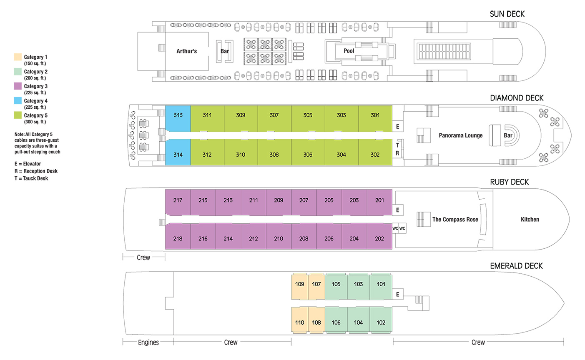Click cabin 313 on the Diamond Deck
178,118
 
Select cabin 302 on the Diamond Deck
375,152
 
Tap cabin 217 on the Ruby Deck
178,202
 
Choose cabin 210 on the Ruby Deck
279,236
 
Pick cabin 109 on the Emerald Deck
300,286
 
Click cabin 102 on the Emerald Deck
381,320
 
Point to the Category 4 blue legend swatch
18,100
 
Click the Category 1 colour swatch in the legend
18,57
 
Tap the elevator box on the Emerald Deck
397,294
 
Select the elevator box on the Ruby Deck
397,210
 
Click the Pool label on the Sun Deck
349,51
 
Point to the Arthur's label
186,51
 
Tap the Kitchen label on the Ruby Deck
530,219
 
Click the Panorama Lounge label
461,135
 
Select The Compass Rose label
455,219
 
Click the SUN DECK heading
507,14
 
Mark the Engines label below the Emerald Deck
148,342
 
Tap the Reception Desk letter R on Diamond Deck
397,153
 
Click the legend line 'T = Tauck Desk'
31,178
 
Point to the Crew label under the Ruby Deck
143,257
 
